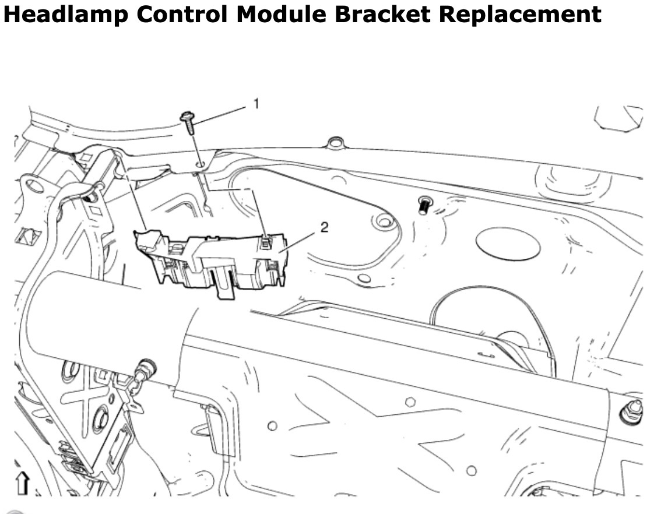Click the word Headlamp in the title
click(x=66, y=13)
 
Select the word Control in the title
click(x=182, y=13)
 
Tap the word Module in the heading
click(x=281, y=13)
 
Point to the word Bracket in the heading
click(x=382, y=13)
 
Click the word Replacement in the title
click(x=520, y=14)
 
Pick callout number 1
click(x=256, y=104)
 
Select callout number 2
click(x=324, y=227)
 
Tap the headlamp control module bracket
click(x=211, y=262)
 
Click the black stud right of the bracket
click(x=424, y=205)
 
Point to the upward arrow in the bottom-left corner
click(x=22, y=483)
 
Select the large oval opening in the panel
click(x=508, y=244)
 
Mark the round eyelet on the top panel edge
click(x=335, y=142)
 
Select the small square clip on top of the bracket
click(x=266, y=242)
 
